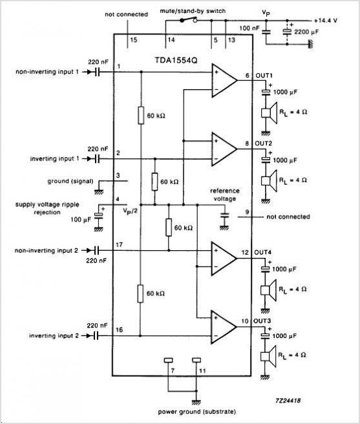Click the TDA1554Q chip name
[x=176, y=60]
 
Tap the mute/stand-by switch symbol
[x=189, y=19]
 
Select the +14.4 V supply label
[x=326, y=20]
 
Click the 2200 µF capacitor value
[x=306, y=32]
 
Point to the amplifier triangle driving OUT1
[x=224, y=80]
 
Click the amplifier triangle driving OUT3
[x=224, y=326]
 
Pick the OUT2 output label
[x=264, y=143]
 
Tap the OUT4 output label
[x=262, y=252]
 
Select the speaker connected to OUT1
[x=270, y=112]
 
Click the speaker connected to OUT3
[x=269, y=356]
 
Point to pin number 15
[x=134, y=40]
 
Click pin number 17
[x=120, y=245]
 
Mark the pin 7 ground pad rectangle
[x=168, y=360]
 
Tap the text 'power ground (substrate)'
[x=197, y=412]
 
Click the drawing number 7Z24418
[x=288, y=401]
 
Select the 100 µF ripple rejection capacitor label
[x=81, y=219]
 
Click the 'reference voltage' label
[x=225, y=195]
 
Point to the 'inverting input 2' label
[x=54, y=335]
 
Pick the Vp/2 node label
[x=130, y=210]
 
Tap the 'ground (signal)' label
[x=70, y=181]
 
